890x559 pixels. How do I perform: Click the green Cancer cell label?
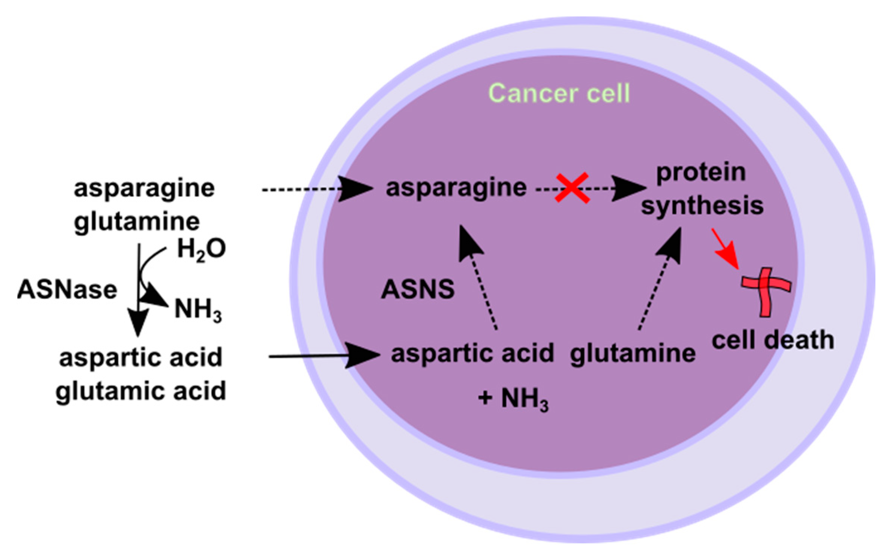click(x=559, y=93)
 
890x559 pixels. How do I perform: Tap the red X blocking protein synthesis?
click(x=572, y=188)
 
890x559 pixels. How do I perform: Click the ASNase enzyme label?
click(x=67, y=290)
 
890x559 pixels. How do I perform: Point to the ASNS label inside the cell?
click(x=417, y=290)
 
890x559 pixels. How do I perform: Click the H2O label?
click(x=201, y=249)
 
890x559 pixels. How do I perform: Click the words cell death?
click(x=773, y=340)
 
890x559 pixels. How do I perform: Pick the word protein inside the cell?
click(x=701, y=172)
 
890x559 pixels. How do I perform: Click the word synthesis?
click(x=702, y=206)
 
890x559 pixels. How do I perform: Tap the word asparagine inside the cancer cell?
click(x=456, y=188)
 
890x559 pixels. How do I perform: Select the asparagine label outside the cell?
click(x=144, y=188)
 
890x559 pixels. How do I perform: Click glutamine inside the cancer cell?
click(x=632, y=354)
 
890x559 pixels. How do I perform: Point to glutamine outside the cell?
click(x=137, y=222)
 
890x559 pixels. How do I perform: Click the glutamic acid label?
click(x=141, y=391)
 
